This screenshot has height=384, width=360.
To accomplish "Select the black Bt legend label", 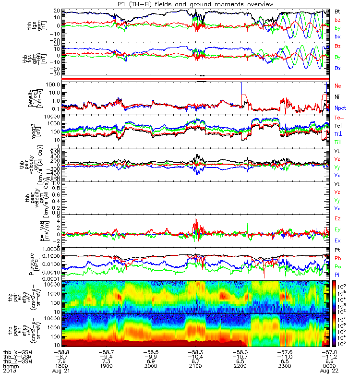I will click(337, 11).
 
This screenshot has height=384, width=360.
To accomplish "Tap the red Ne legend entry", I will click(337, 85).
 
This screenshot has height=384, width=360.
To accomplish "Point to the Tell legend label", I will click(338, 126).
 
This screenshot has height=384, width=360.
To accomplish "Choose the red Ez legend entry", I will click(337, 218).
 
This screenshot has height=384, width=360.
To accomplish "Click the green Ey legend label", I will click(337, 229).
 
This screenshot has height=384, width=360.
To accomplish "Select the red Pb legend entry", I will click(337, 258).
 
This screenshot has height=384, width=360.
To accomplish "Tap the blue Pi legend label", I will click(337, 274).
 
